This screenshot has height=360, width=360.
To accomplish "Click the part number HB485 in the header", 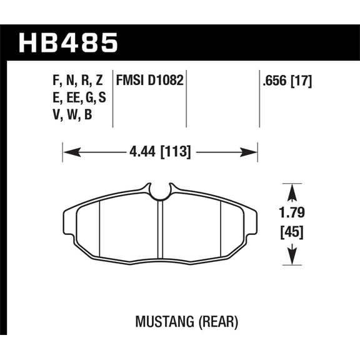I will (x=69, y=43).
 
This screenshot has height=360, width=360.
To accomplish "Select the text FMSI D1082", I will (x=149, y=80).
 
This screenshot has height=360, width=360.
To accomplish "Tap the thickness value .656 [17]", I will (x=286, y=80).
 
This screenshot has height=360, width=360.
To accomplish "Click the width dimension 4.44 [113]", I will (x=161, y=151).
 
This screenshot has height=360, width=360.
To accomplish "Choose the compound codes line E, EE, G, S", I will (x=76, y=99).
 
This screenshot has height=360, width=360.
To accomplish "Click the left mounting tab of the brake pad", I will (x=69, y=218).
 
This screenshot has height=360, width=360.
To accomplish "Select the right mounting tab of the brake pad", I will (x=252, y=218).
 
